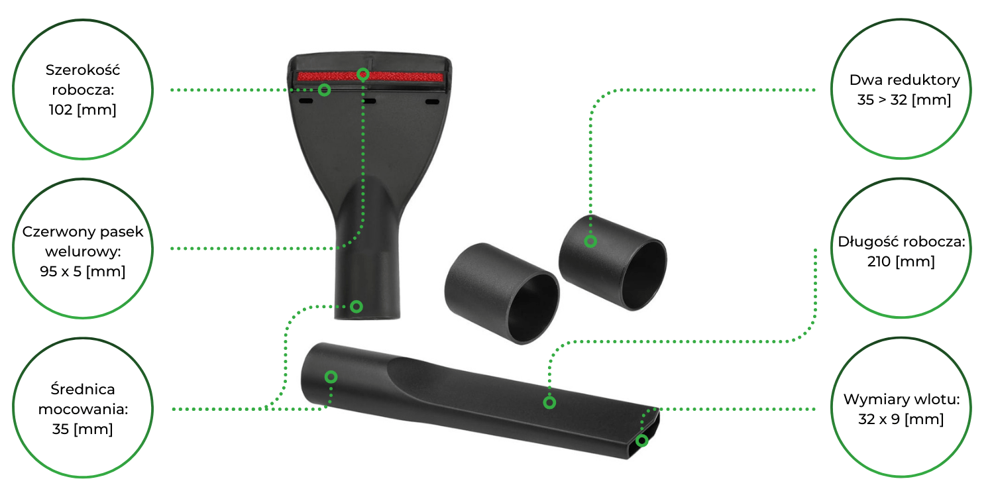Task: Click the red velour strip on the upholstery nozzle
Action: [x=370, y=76]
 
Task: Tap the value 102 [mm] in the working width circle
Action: [x=83, y=109]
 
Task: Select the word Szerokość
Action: [x=83, y=70]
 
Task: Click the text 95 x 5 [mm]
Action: [x=83, y=271]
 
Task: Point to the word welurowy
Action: [x=83, y=252]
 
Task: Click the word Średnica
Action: [x=83, y=389]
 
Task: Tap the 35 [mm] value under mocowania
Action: [x=83, y=429]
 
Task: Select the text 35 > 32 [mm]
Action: [x=904, y=100]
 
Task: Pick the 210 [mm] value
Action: [x=901, y=261]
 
